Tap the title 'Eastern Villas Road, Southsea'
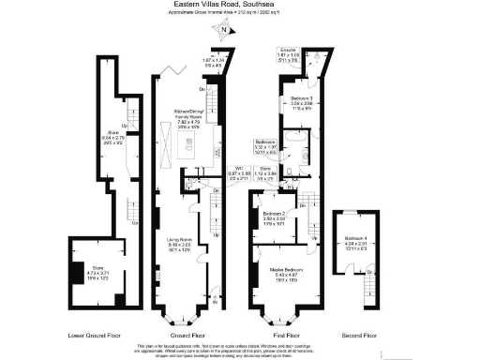click(x=240, y=5)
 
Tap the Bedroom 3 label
click(x=302, y=103)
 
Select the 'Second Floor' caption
click(x=358, y=334)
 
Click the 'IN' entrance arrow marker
click(x=214, y=302)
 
